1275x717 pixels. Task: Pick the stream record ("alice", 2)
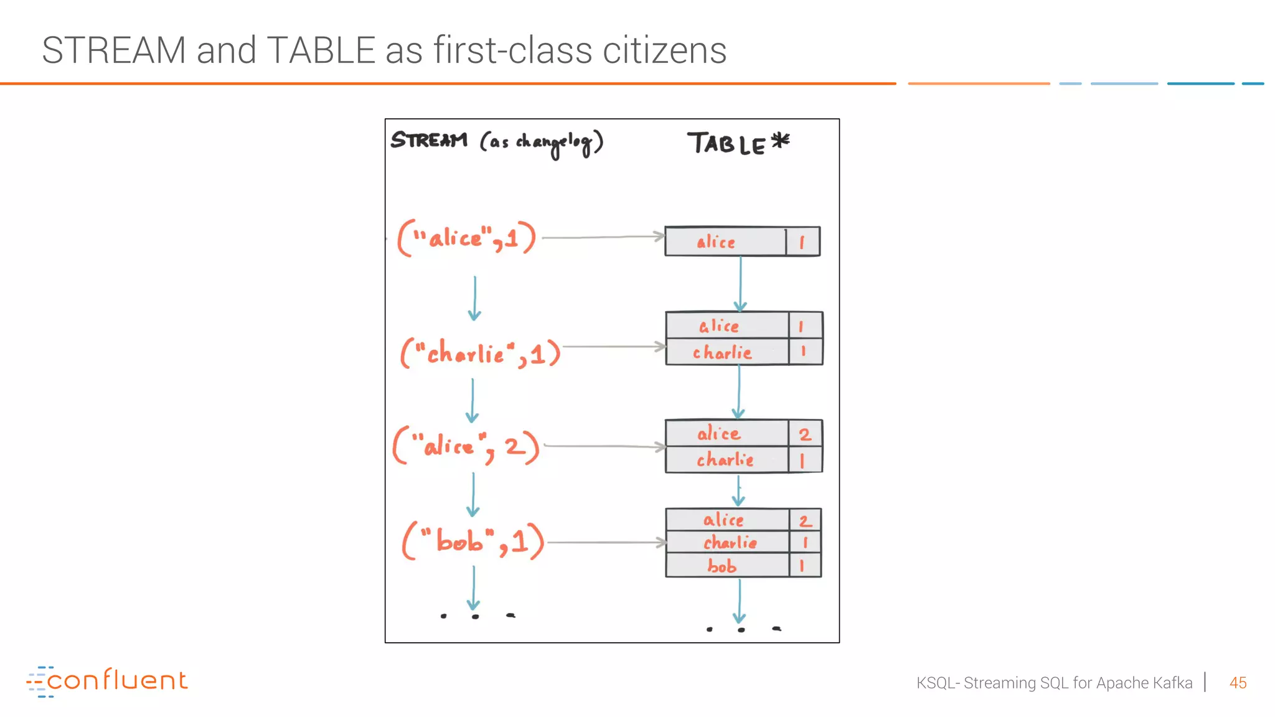coord(466,446)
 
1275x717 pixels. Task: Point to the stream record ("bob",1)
coord(473,541)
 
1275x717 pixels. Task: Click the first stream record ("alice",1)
coord(467,238)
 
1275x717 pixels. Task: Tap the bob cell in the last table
coord(722,566)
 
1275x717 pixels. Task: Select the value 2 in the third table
coord(805,434)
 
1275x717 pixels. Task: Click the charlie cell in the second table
coord(722,353)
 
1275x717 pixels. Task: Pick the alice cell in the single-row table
coord(716,241)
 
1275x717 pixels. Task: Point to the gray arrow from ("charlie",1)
coord(613,347)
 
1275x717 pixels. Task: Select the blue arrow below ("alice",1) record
coord(474,299)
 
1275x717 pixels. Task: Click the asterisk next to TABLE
coord(781,141)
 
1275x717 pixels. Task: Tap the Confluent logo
coord(107,680)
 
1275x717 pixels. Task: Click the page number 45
coord(1238,683)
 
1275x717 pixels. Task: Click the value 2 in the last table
coord(804,520)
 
